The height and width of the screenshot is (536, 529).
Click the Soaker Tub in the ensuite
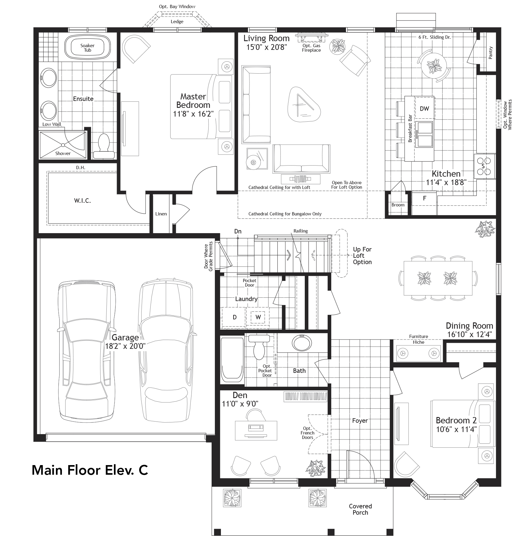(87, 48)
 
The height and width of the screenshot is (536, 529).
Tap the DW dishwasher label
(424, 109)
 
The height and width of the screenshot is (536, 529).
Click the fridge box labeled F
(424, 199)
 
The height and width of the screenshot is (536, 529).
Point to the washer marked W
(258, 317)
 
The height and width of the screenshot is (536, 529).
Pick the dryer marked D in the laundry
(234, 317)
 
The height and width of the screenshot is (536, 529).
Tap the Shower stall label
(63, 153)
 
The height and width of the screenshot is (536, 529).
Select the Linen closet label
(161, 214)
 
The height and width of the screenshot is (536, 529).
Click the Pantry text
(491, 53)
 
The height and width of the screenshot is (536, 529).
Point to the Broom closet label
(398, 205)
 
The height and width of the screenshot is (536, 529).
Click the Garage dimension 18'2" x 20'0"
(125, 346)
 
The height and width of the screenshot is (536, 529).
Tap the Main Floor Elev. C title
(90, 470)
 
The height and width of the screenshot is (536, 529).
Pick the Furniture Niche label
(418, 339)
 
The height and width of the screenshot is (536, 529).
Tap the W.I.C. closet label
(82, 201)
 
